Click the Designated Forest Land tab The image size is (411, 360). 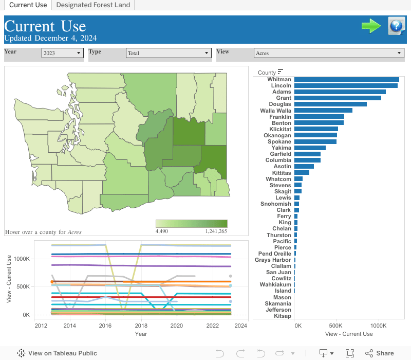[94, 5]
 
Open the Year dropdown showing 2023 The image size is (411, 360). [63, 53]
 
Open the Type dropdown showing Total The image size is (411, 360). [169, 53]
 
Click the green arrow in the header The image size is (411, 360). [371, 26]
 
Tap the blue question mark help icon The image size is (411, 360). [397, 26]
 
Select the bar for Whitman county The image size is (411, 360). [347, 79]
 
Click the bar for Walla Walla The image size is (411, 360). [323, 111]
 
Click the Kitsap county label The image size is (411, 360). [282, 316]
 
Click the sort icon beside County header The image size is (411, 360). [281, 72]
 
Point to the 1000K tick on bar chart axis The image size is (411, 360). [378, 326]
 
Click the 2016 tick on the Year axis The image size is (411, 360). [105, 326]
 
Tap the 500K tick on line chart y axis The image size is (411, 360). [23, 286]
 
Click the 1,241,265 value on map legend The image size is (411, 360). [216, 231]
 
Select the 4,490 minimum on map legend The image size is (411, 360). [162, 231]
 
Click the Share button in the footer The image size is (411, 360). [380, 353]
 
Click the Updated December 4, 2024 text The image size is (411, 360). [50, 38]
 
